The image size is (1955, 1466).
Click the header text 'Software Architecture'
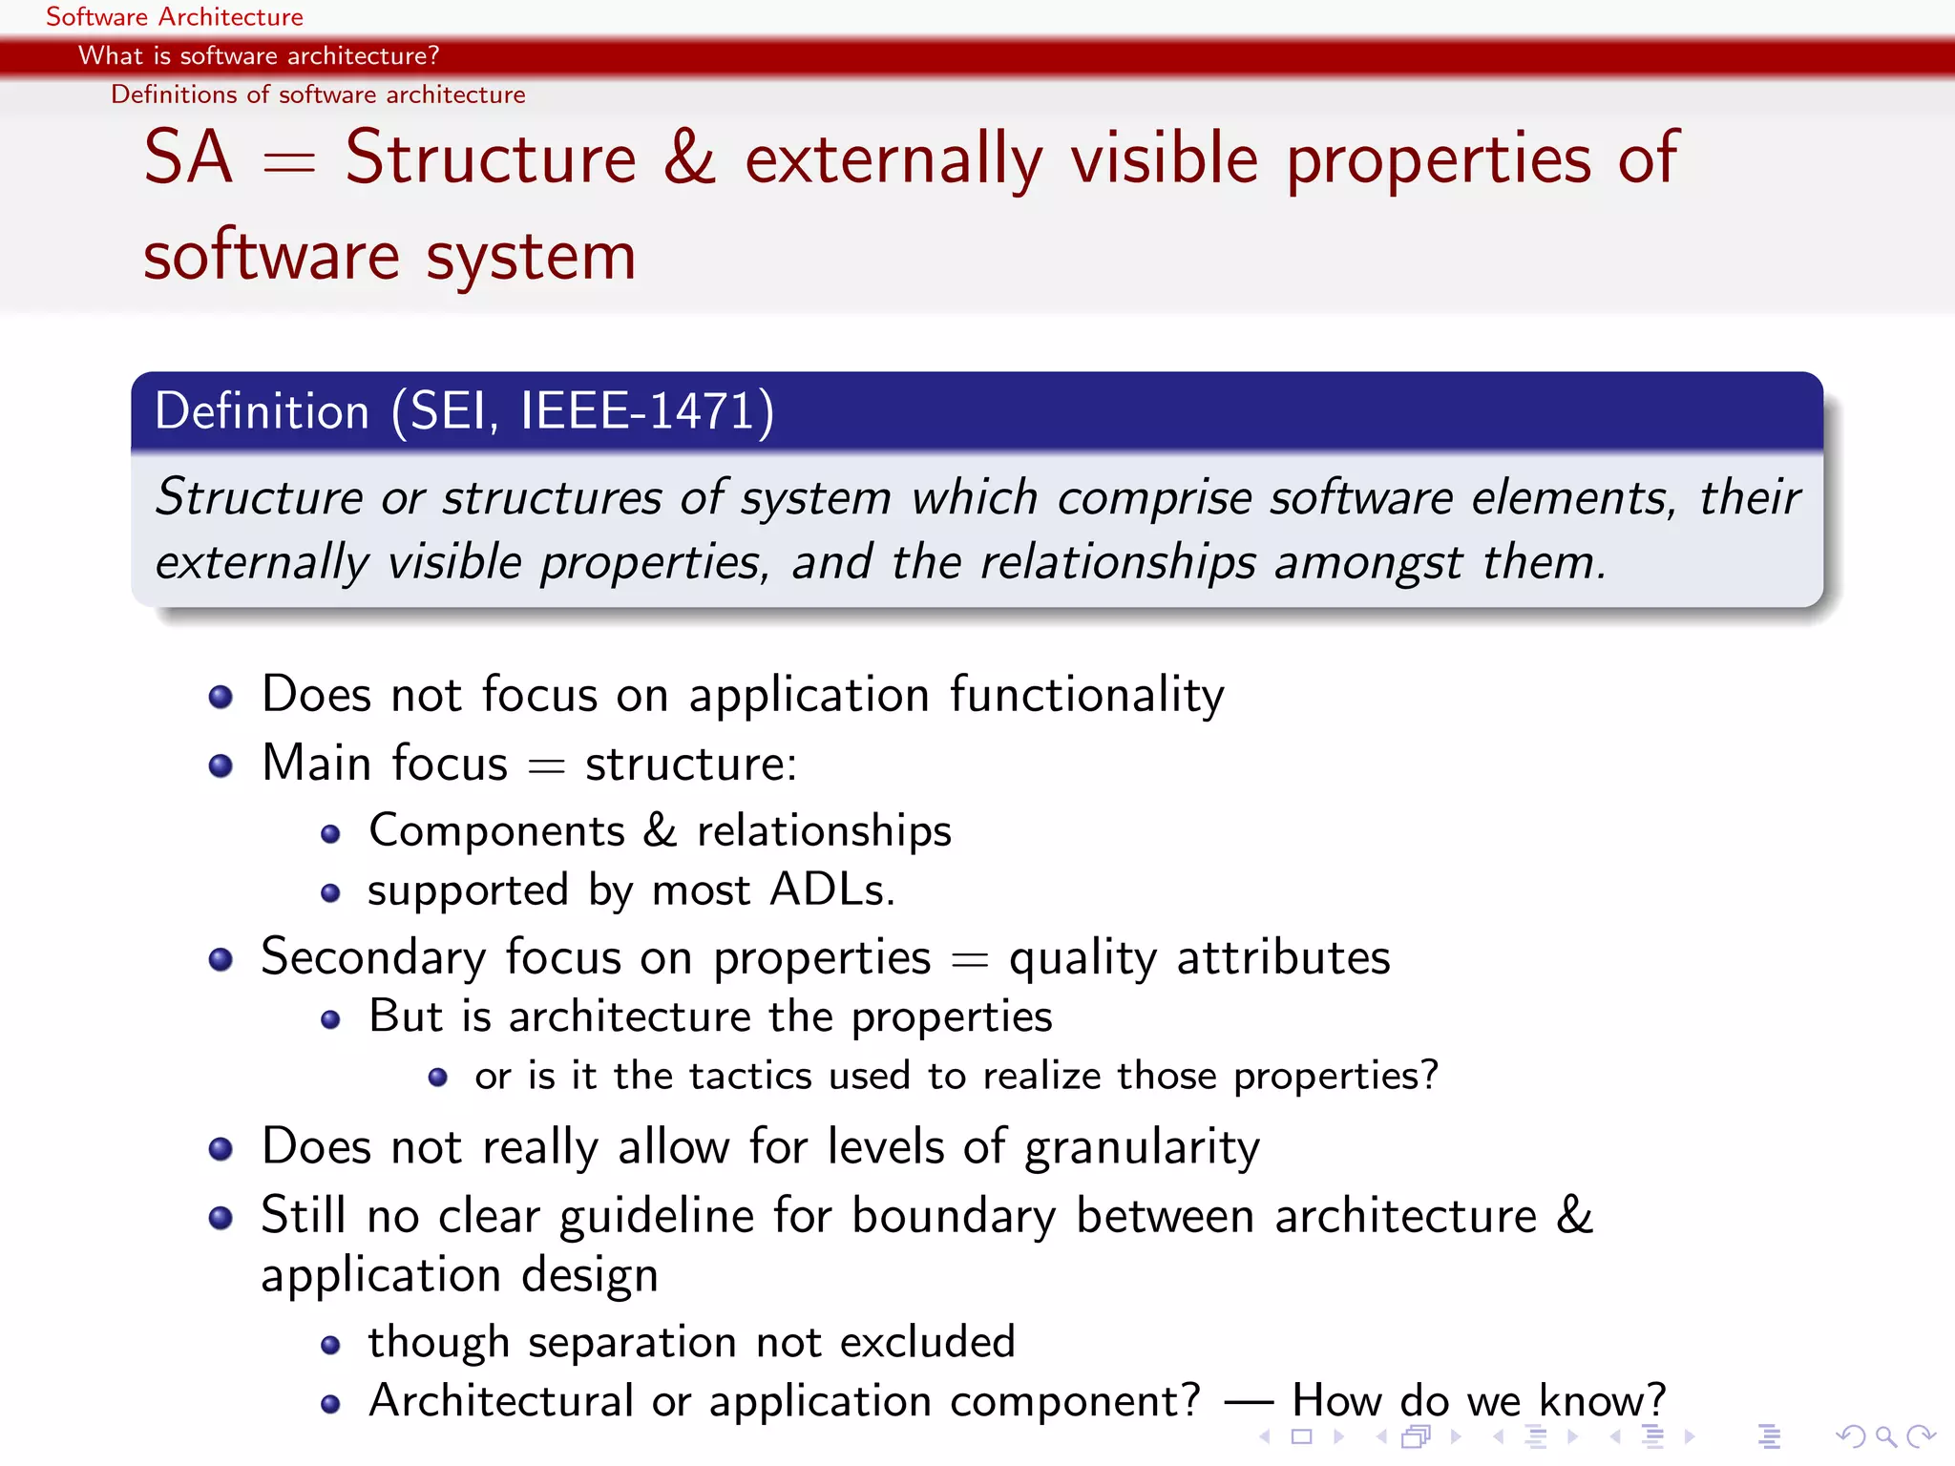pyautogui.click(x=174, y=17)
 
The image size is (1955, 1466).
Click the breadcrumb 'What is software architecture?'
pyautogui.click(x=258, y=55)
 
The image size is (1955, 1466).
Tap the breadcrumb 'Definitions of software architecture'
pyautogui.click(x=318, y=94)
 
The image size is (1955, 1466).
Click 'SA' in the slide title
pyautogui.click(x=188, y=158)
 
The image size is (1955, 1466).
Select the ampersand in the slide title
pyautogui.click(x=689, y=158)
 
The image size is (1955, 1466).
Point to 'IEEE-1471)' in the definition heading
pyautogui.click(x=646, y=411)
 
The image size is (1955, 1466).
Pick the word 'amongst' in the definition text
pyautogui.click(x=1367, y=562)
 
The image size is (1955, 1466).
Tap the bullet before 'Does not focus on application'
pyautogui.click(x=221, y=697)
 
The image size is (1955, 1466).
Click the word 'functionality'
pyautogui.click(x=1086, y=694)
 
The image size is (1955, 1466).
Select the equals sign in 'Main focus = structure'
pyautogui.click(x=546, y=766)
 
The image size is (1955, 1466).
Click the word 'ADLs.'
pyautogui.click(x=831, y=890)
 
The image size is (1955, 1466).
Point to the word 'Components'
pyautogui.click(x=496, y=830)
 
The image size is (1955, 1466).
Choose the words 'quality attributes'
pyautogui.click(x=1199, y=957)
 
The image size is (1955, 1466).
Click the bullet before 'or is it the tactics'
pyautogui.click(x=438, y=1078)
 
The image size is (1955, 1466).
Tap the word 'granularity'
pyautogui.click(x=1142, y=1146)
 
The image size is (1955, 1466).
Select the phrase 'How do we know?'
pyautogui.click(x=1478, y=1400)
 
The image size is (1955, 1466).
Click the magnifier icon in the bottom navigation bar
pyautogui.click(x=1884, y=1435)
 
